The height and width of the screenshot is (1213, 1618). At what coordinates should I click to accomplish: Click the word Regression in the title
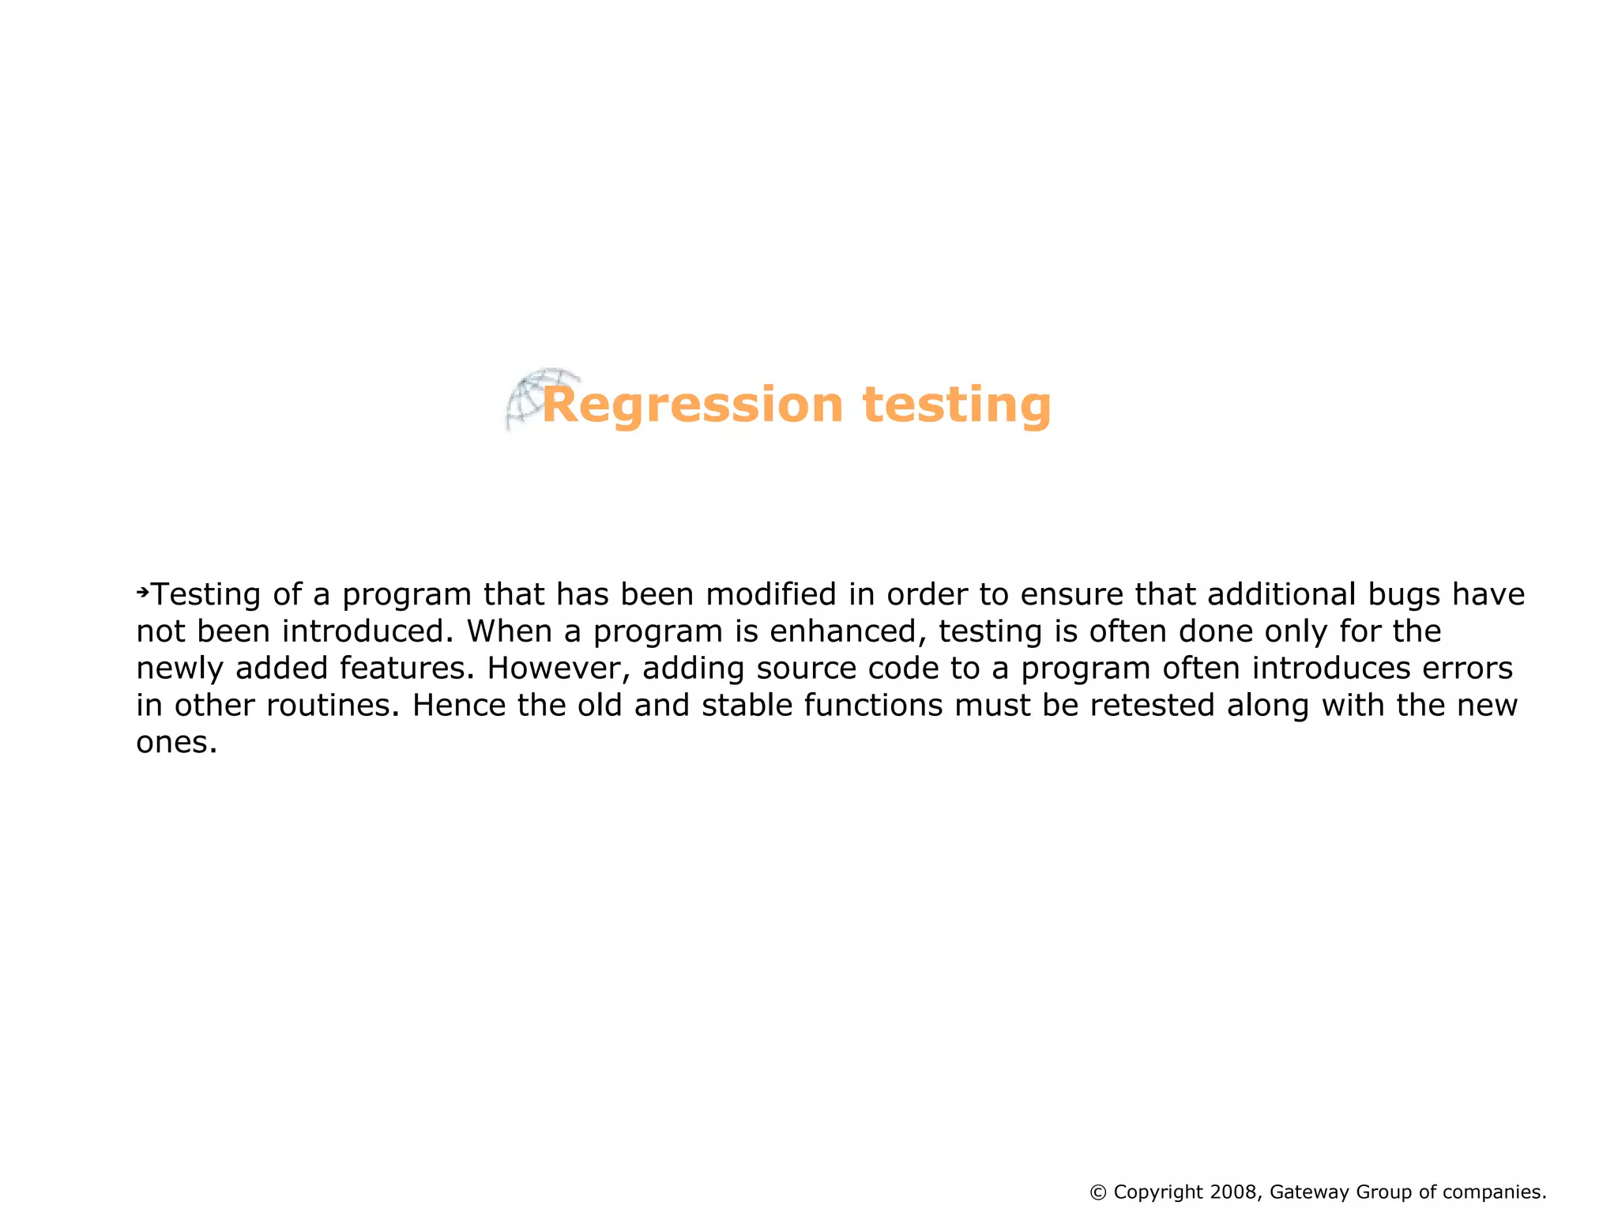coord(692,405)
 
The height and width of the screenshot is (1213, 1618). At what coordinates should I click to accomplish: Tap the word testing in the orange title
coord(956,405)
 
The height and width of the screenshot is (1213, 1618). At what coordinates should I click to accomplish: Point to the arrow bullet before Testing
coord(142,592)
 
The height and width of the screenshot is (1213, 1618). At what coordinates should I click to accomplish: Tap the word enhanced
coord(842,631)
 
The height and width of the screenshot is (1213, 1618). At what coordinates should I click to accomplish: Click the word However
coord(559,669)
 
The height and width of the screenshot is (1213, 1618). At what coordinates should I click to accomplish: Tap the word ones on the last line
coord(175,743)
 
